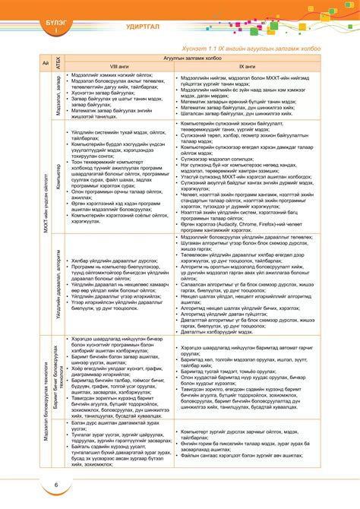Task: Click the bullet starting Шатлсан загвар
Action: (228, 115)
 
